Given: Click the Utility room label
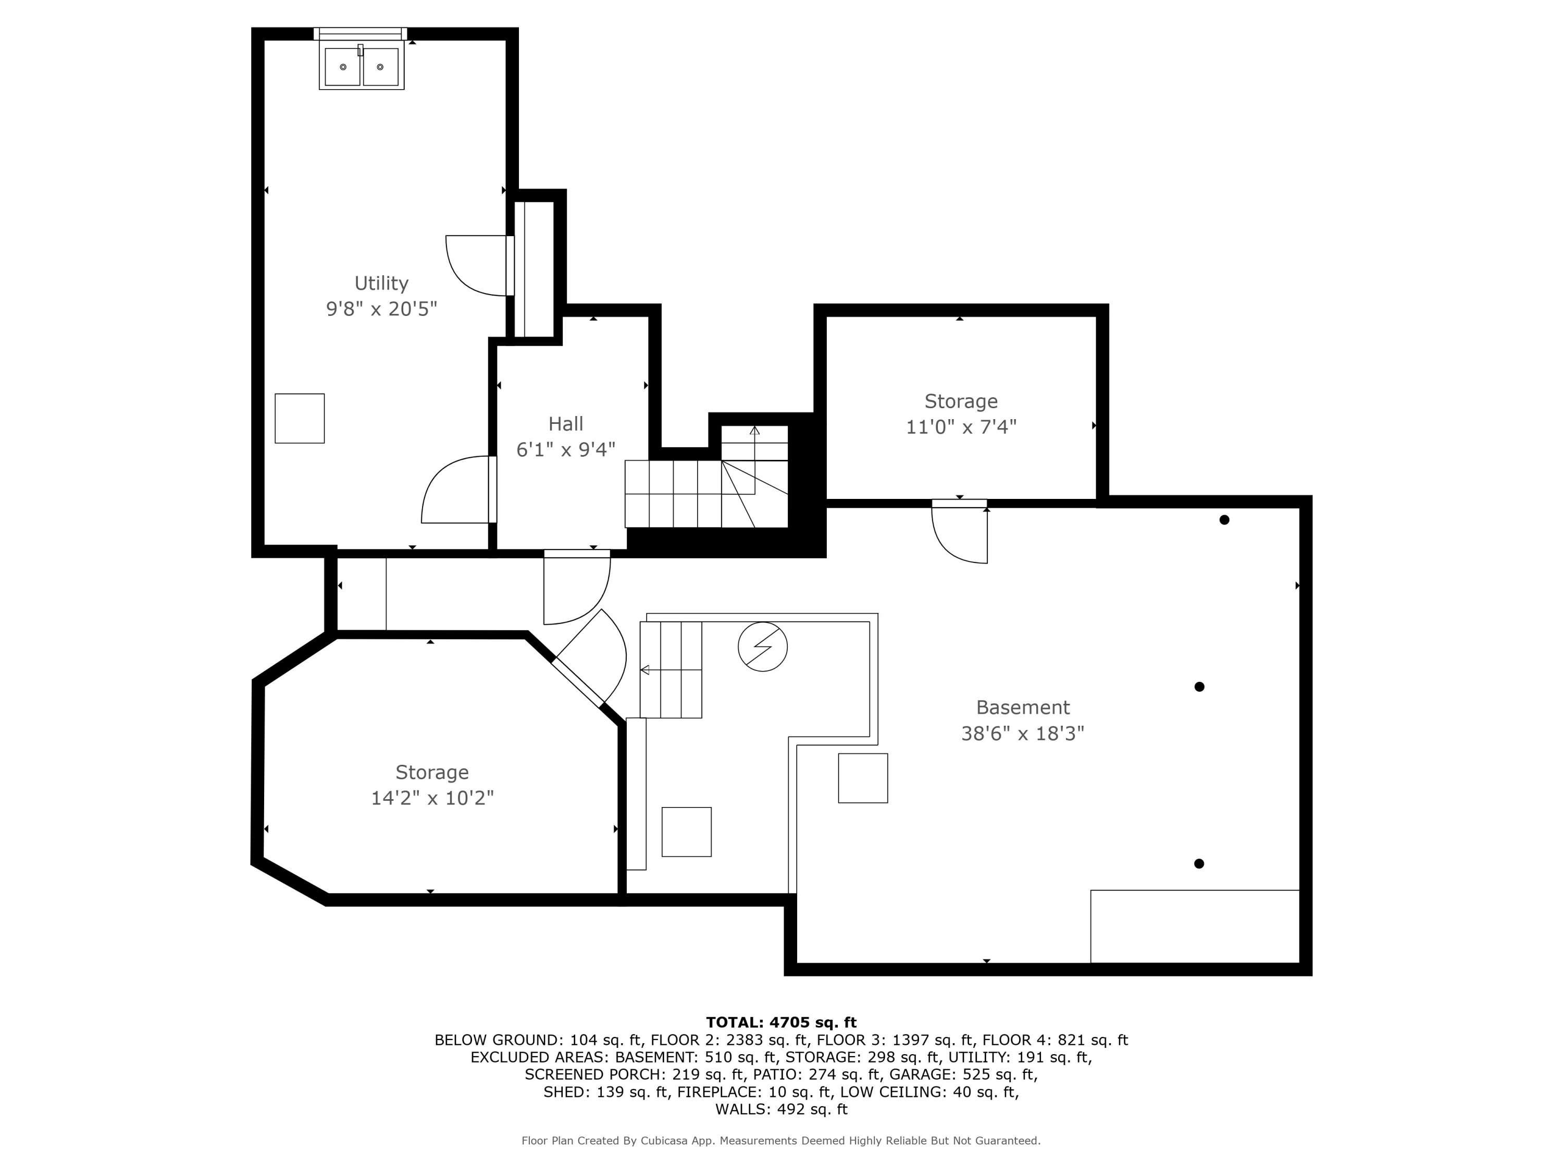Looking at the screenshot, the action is coord(381,284).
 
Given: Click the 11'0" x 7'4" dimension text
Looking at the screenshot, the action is coord(961,427).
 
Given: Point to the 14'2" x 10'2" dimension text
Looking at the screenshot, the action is coord(432,798).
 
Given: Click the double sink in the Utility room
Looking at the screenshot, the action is coord(362,66).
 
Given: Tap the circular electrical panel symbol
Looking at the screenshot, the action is coord(762,646).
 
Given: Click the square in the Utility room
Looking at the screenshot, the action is coord(300,419).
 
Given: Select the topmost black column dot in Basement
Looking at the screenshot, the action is coord(1224,520).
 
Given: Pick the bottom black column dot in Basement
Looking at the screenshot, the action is coord(1199,863).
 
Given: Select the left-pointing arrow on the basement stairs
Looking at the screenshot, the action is coord(671,669).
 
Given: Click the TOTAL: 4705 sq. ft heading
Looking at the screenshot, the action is coord(781,1022).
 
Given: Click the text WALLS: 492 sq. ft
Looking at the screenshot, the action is coord(781,1109).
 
